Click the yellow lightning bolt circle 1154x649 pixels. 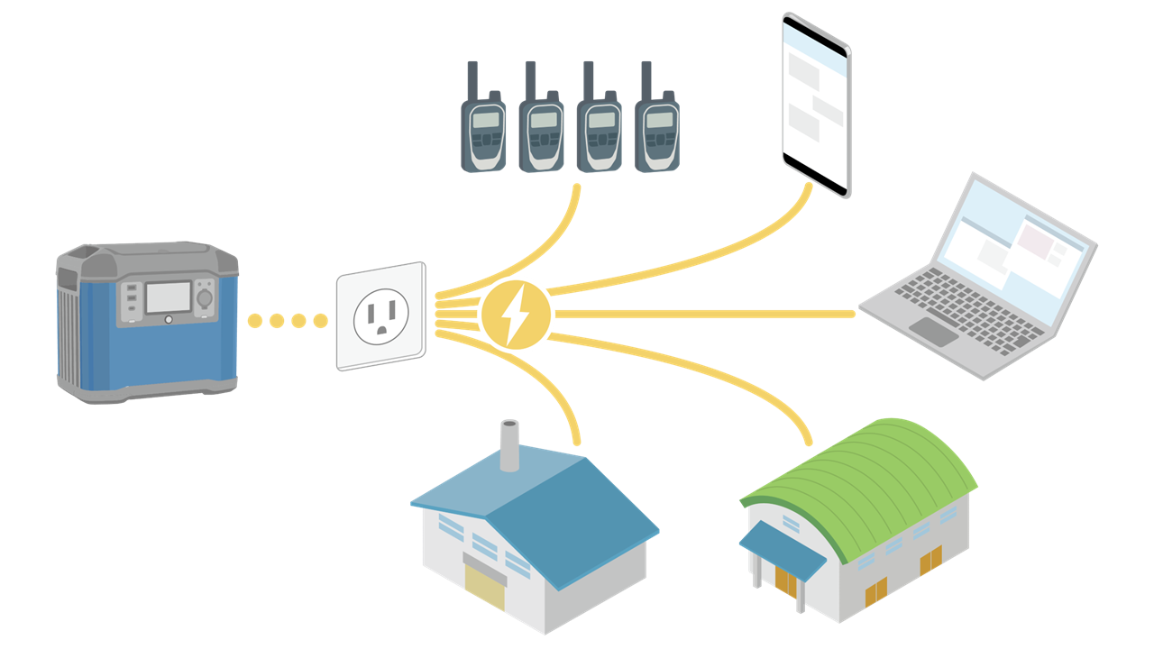pyautogui.click(x=516, y=314)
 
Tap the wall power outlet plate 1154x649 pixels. pyautogui.click(x=381, y=315)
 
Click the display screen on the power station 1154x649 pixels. pyautogui.click(x=169, y=297)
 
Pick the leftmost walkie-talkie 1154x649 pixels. pyautogui.click(x=483, y=131)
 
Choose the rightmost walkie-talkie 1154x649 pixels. pyautogui.click(x=657, y=131)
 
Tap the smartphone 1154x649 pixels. pyautogui.click(x=816, y=104)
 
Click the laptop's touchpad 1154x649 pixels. pyautogui.click(x=934, y=331)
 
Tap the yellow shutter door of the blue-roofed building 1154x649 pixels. pyautogui.click(x=485, y=588)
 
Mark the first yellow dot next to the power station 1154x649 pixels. pyautogui.click(x=255, y=320)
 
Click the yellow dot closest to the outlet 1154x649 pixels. pyautogui.click(x=320, y=320)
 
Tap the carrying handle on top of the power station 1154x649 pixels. pyautogui.click(x=90, y=255)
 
